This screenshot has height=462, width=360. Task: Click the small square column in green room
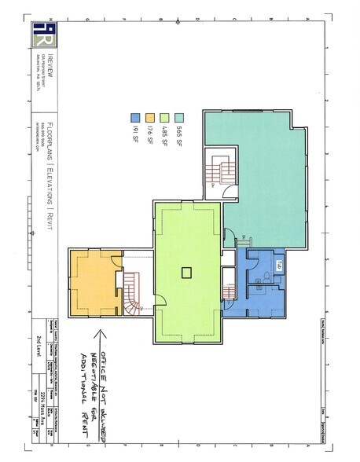pyautogui.click(x=186, y=273)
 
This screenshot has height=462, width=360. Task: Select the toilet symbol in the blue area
pyautogui.click(x=266, y=274)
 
